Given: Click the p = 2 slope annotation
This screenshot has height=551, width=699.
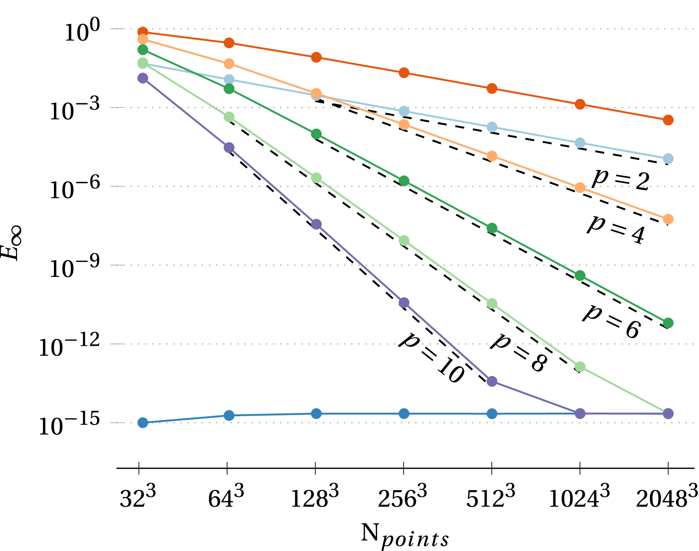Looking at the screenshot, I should pyautogui.click(x=620, y=180).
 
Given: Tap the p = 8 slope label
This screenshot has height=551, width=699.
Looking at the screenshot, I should pyautogui.click(x=519, y=352).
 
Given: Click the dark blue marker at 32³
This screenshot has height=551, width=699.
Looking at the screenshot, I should pyautogui.click(x=143, y=423).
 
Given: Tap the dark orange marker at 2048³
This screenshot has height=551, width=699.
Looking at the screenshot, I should pyautogui.click(x=668, y=120).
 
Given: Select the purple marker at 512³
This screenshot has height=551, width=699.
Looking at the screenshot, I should pyautogui.click(x=492, y=381).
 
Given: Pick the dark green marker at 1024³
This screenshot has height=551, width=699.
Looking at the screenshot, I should pyautogui.click(x=580, y=275).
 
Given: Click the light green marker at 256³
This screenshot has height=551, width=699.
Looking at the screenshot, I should pyautogui.click(x=404, y=240).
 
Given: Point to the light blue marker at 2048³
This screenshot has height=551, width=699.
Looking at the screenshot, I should pyautogui.click(x=668, y=159).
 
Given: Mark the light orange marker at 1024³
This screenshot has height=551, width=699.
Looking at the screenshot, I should pyautogui.click(x=580, y=188).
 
